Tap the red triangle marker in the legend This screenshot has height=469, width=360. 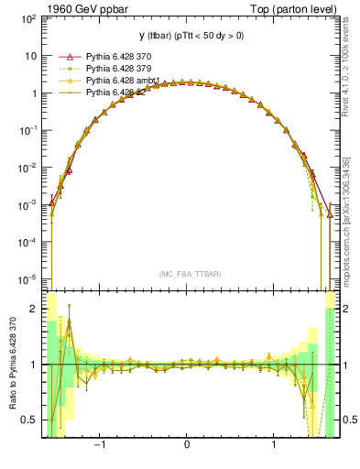point(61,56)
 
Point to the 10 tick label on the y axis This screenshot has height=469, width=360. point(31,55)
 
